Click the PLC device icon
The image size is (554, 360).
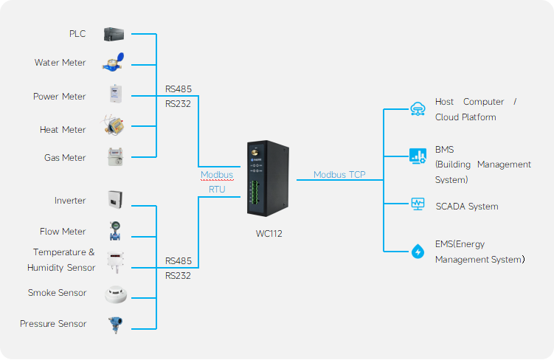click(114, 33)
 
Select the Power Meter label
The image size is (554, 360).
click(59, 97)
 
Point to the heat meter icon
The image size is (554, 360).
click(114, 126)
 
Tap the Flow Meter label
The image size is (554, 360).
click(63, 232)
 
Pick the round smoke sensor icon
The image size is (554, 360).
click(114, 293)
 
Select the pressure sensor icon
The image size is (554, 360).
click(115, 323)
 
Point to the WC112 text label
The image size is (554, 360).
click(268, 234)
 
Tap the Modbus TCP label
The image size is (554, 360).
click(339, 175)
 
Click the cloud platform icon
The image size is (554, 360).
click(418, 109)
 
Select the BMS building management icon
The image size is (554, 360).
click(418, 156)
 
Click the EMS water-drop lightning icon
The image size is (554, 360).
click(418, 252)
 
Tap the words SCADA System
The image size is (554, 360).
click(466, 207)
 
